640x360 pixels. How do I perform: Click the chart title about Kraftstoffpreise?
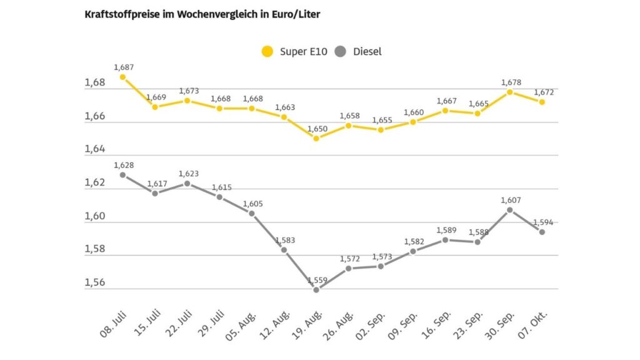click(202, 14)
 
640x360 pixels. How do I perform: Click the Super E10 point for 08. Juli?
click(122, 77)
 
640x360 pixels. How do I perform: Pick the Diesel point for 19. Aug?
click(316, 290)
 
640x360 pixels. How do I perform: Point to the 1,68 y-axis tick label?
click(95, 83)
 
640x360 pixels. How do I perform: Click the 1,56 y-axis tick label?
click(95, 283)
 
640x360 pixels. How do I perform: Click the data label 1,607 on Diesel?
click(510, 201)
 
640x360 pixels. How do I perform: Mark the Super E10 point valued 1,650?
click(316, 138)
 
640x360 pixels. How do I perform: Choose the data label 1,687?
click(123, 67)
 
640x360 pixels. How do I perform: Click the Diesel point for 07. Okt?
click(542, 232)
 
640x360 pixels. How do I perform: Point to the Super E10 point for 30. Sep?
click(510, 92)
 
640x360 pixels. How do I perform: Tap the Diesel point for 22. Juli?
click(187, 183)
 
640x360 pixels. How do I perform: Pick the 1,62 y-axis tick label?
click(95, 183)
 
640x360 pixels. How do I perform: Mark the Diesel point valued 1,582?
click(413, 251)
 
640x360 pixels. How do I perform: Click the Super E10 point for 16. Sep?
click(446, 111)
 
